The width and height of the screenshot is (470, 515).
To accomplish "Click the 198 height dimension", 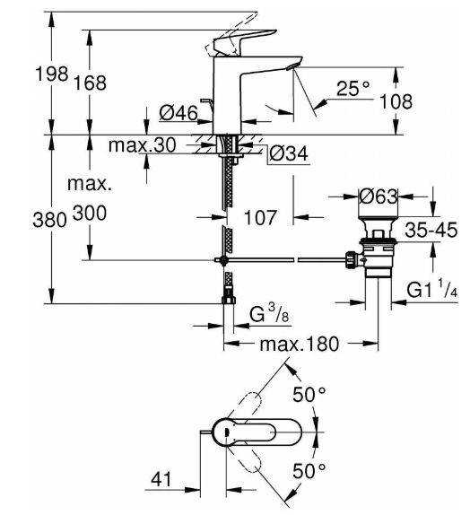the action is (x=51, y=74).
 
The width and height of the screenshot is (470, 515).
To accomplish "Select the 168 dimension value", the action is (x=90, y=83).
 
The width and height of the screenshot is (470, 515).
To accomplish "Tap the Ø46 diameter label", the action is (x=178, y=113).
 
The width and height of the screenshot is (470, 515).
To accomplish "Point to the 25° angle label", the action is (x=353, y=88).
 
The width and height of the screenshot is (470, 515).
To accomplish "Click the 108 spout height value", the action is (x=396, y=101).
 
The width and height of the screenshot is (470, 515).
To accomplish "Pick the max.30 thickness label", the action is (x=143, y=144).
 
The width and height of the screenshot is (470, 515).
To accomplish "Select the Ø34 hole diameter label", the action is (x=289, y=153).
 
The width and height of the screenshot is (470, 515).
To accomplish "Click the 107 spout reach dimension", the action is (x=260, y=217).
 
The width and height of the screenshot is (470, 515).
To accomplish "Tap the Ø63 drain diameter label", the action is (x=378, y=196).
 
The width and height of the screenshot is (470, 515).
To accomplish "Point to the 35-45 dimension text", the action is (x=431, y=230).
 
